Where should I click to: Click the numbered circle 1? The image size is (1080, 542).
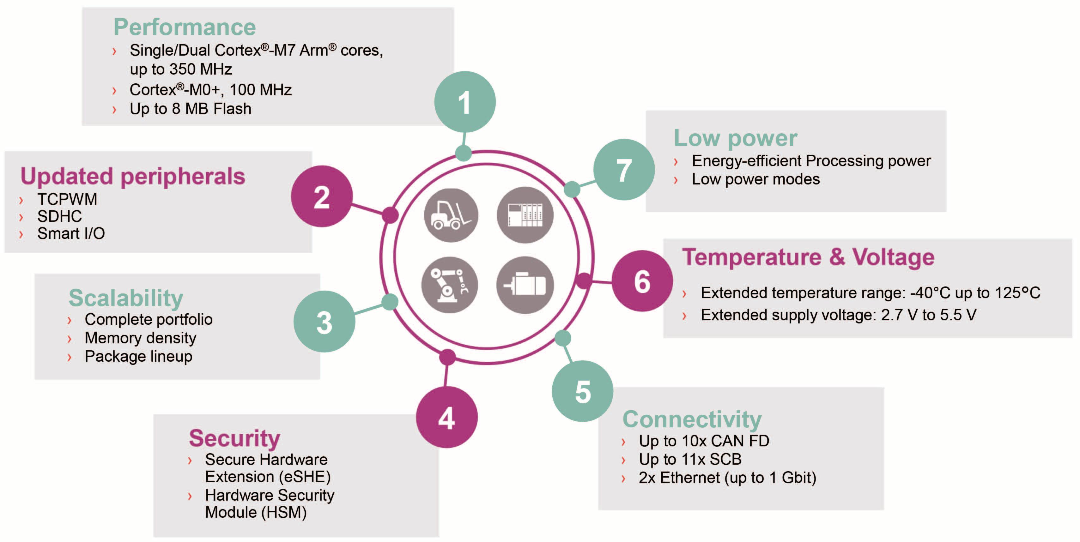(x=464, y=102)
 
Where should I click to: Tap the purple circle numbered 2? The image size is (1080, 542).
(x=322, y=196)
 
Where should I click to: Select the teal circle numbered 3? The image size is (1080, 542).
(x=324, y=322)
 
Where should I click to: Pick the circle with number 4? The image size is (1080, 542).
(x=446, y=417)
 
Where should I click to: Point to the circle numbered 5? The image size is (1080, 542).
(x=582, y=391)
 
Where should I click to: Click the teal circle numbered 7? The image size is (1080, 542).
(x=623, y=169)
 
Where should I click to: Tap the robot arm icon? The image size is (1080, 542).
(x=449, y=285)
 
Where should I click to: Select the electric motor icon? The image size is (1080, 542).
(x=525, y=285)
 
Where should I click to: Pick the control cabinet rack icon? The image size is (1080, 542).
(x=525, y=215)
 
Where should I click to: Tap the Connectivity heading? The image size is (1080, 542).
(x=692, y=419)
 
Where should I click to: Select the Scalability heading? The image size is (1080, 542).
(x=126, y=298)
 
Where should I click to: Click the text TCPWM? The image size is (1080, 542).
(x=67, y=199)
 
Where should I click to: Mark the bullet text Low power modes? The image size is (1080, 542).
(x=755, y=179)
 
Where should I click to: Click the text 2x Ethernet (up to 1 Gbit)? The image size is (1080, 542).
(x=727, y=478)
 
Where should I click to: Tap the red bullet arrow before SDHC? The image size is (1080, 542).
(x=21, y=217)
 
